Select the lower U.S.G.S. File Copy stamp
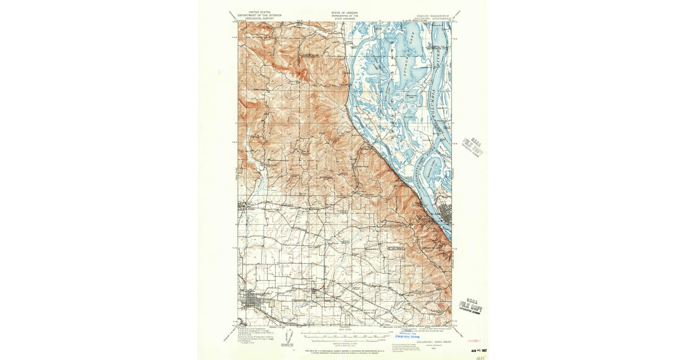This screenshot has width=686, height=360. [x=471, y=307]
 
